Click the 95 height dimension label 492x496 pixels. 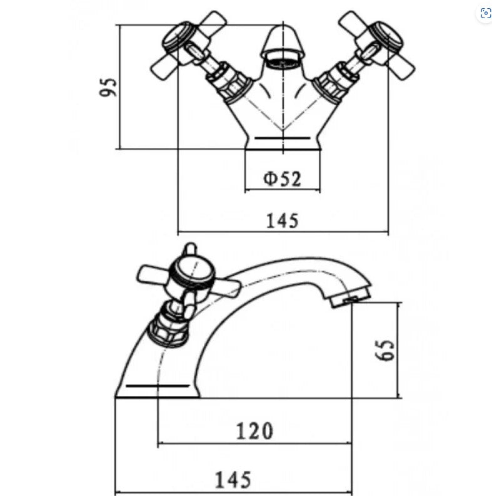(108, 87)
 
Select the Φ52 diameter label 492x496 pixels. (282, 179)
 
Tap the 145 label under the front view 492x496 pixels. (283, 220)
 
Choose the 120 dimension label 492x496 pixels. (254, 431)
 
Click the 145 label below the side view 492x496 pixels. (233, 480)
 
